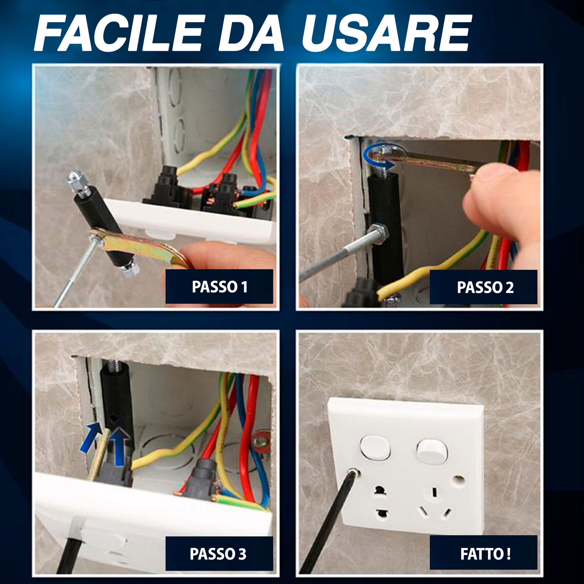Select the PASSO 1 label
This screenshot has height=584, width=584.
[x=220, y=286]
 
